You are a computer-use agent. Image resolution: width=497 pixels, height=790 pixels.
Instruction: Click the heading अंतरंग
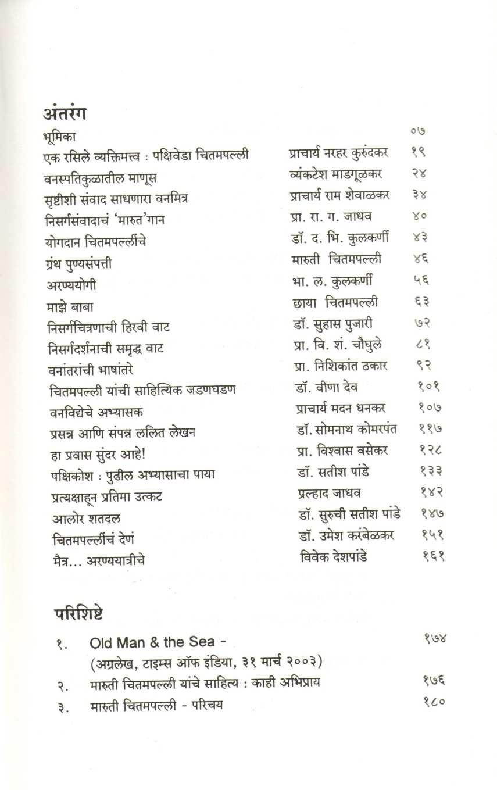[x=65, y=113]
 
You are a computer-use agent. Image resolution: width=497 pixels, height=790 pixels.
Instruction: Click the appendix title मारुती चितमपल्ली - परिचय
[x=157, y=706]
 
